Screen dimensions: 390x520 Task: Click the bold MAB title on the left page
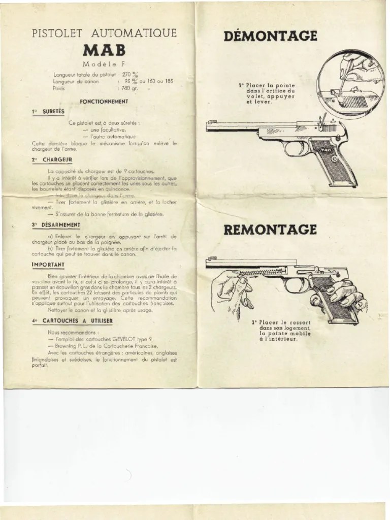coord(105,52)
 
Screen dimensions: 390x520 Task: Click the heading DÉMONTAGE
coord(270,36)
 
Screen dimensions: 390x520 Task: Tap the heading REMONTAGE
coord(270,229)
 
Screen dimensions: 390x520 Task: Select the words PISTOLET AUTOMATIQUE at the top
coord(105,34)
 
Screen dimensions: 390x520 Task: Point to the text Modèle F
coord(105,64)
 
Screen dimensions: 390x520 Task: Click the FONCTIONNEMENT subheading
coord(104,101)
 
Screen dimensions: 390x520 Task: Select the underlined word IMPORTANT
coord(48,264)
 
